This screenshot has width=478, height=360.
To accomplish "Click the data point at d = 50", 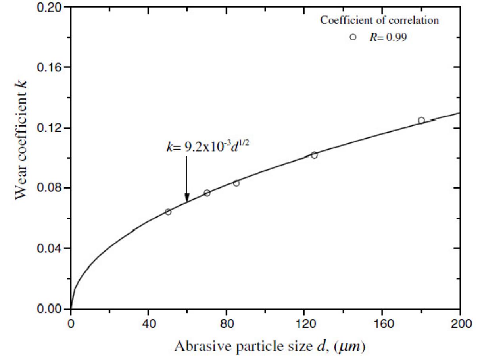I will coord(168,212).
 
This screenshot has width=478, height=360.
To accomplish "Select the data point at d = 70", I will coord(207,193).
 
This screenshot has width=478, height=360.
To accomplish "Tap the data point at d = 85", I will coord(236,183).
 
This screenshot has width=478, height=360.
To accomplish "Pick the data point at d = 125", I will coord(314,155).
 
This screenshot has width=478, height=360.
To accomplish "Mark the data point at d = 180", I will coord(421,120).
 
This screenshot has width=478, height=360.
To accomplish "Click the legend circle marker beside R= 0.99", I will coord(353,37).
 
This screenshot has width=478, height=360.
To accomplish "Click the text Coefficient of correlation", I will coord(380,21).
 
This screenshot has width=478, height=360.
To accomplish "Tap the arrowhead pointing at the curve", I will coord(187,197).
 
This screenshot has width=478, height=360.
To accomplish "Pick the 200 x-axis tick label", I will coord(460,323).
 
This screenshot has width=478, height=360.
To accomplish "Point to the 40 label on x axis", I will coord(148,323).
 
